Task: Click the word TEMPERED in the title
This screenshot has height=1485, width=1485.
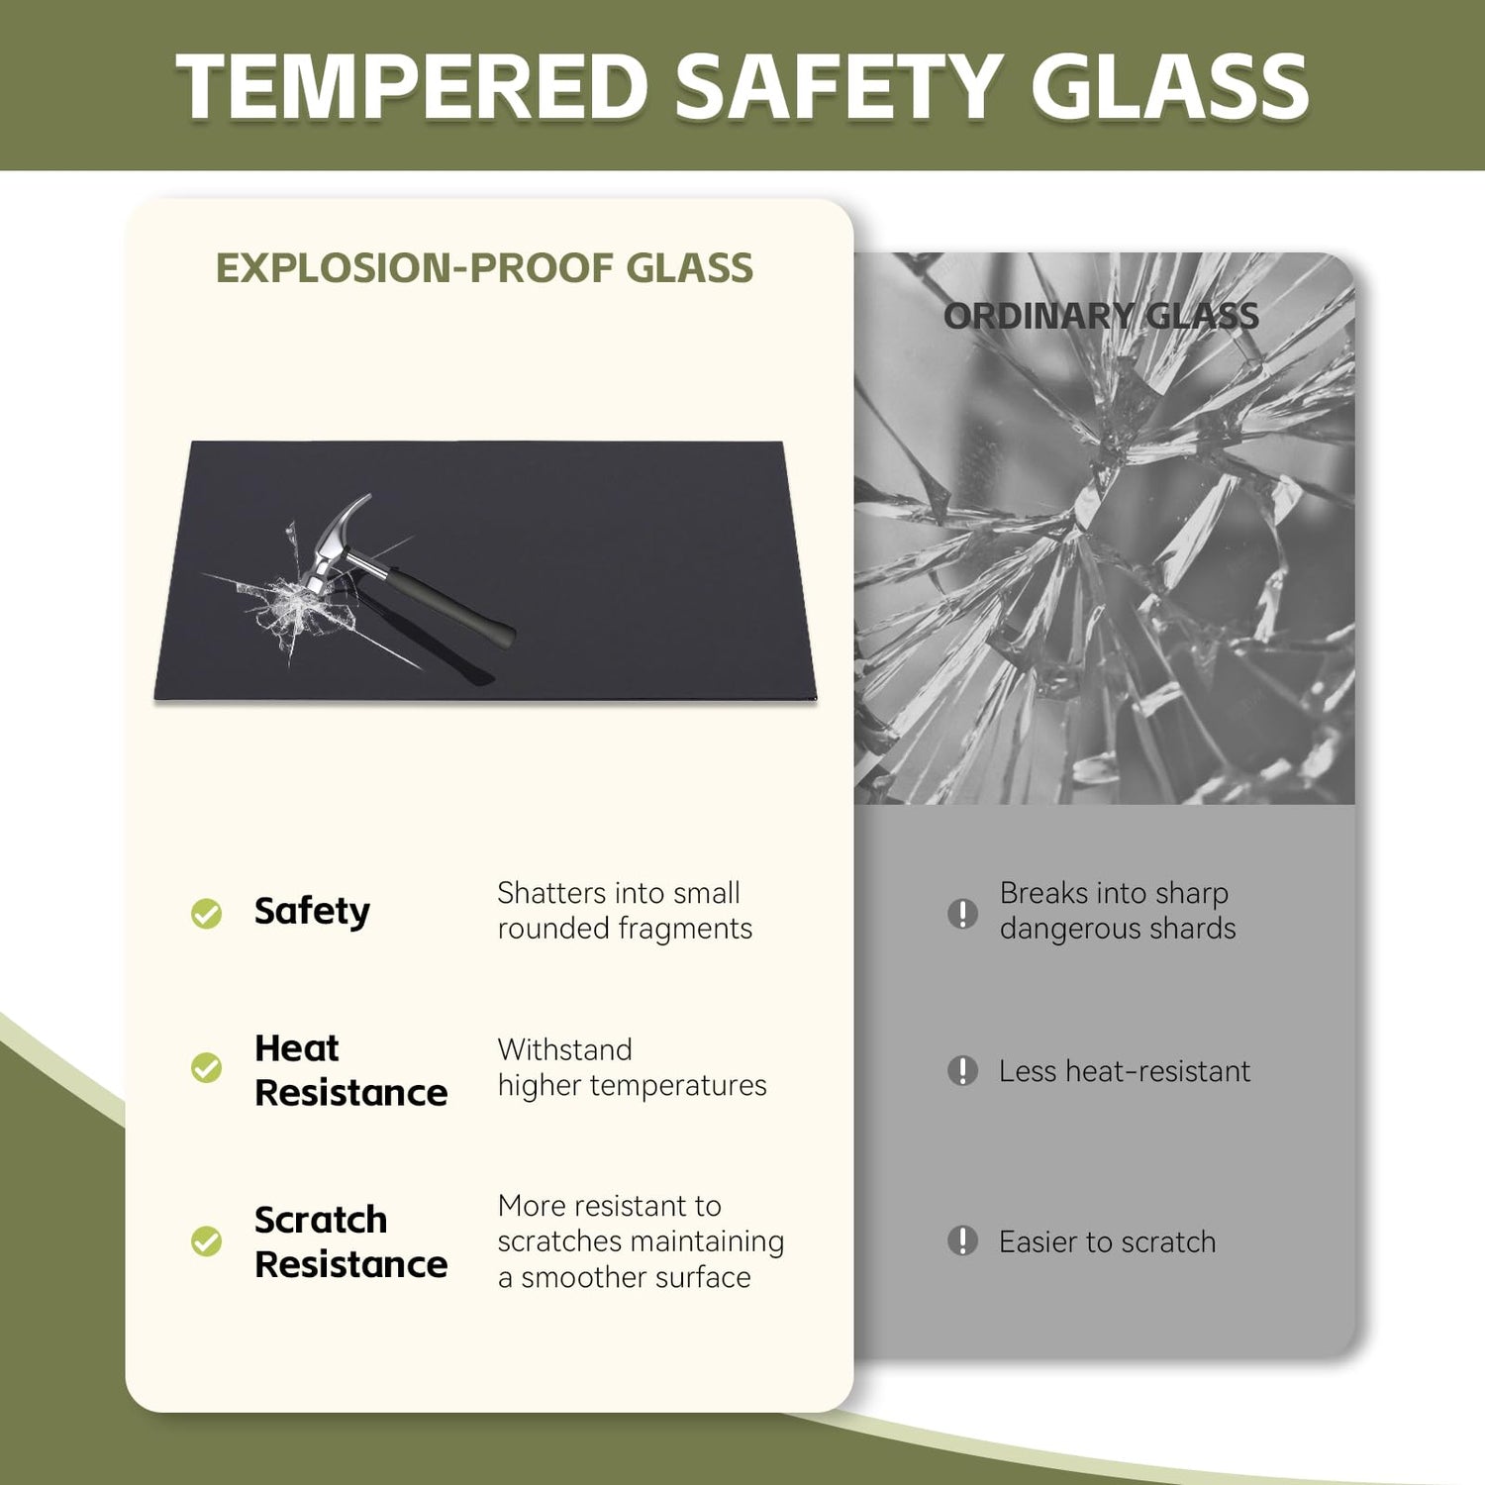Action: tap(412, 86)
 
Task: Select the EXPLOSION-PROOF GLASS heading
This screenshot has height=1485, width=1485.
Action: tap(485, 268)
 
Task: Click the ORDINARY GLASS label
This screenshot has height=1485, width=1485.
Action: tap(1101, 317)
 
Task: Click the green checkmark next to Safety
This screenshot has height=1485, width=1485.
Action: tap(206, 913)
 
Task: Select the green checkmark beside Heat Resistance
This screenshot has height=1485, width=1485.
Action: tap(206, 1068)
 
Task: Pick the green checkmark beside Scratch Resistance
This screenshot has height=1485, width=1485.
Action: tap(206, 1241)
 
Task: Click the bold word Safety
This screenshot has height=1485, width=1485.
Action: tap(312, 912)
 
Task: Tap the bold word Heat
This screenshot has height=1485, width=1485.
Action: tap(297, 1047)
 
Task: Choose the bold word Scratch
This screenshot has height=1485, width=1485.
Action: tap(321, 1220)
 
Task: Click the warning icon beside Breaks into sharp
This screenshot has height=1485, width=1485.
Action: tap(962, 913)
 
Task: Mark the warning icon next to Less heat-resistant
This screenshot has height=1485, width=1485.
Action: tap(962, 1070)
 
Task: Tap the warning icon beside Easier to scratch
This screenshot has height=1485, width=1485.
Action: tap(962, 1240)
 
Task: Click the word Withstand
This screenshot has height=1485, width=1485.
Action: tap(564, 1049)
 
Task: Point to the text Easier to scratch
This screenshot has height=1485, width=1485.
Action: tap(1107, 1241)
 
